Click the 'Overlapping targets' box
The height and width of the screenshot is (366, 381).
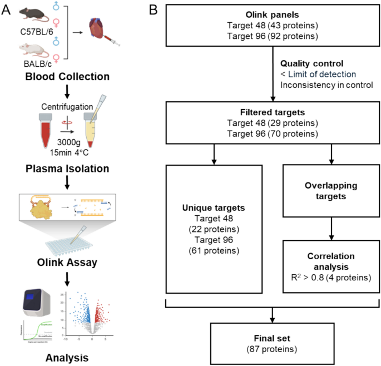click(x=333, y=191)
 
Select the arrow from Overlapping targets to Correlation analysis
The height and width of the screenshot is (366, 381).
click(x=333, y=228)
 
